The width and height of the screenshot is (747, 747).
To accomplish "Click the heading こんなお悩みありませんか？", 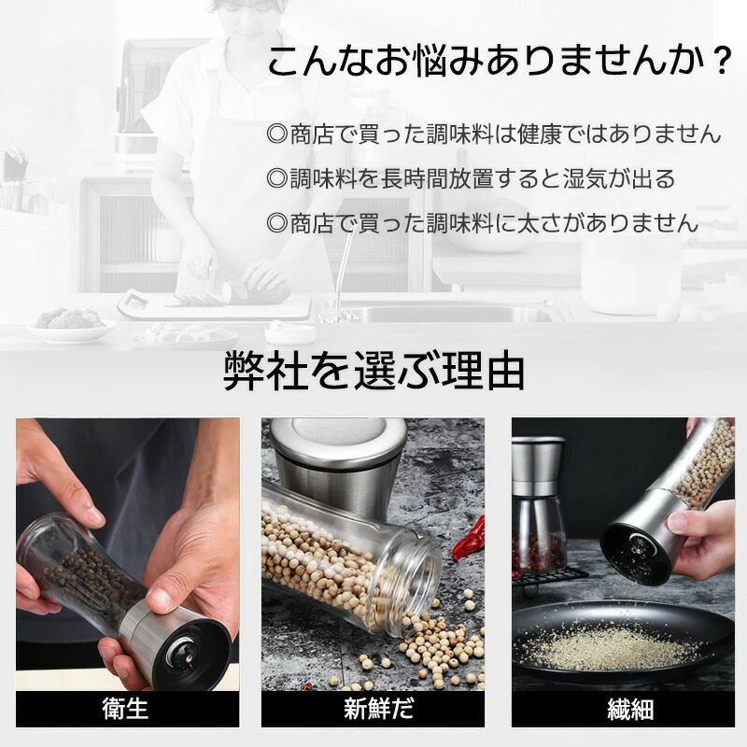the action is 500,61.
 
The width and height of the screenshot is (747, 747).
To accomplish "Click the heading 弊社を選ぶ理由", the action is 374,371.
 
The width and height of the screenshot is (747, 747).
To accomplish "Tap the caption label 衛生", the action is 125,709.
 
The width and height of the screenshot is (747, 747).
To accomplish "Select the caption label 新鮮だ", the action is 379,709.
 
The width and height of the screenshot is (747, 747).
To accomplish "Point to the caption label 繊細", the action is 630,709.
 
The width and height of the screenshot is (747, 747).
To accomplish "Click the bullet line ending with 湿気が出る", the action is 472,178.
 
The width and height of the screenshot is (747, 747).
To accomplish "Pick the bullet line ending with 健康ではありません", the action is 494,134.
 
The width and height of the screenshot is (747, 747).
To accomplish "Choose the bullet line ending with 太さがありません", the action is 483,223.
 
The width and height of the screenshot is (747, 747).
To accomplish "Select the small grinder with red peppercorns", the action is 538,506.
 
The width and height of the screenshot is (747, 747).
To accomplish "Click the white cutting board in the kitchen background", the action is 215,305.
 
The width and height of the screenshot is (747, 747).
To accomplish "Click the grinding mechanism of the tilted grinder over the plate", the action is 639,548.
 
